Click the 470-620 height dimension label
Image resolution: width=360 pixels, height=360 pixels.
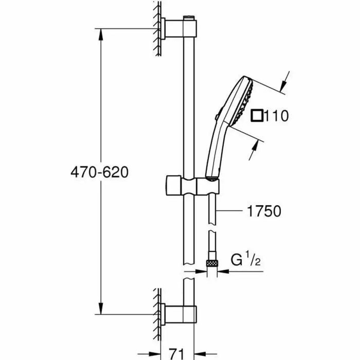click(x=98, y=171)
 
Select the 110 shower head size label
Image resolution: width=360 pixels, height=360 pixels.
click(x=275, y=116)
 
